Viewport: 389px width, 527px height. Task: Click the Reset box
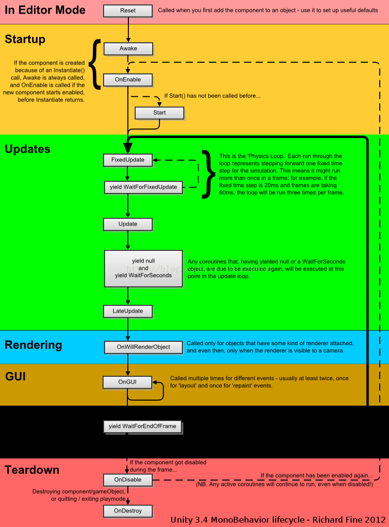pos(128,10)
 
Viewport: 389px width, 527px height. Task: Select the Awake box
pos(128,49)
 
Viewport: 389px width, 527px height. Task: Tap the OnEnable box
pos(128,80)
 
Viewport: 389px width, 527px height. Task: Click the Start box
pos(159,113)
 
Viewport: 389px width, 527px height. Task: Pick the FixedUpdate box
pos(128,159)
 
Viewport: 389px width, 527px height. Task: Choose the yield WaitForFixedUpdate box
pos(143,187)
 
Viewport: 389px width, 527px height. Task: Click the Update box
pos(128,224)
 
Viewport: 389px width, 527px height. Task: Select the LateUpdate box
pos(128,311)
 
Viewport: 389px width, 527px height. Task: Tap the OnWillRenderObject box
pos(143,347)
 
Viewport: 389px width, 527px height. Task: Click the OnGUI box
pos(127,382)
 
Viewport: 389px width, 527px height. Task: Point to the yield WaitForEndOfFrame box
pos(142,426)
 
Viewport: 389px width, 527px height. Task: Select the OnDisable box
pos(128,480)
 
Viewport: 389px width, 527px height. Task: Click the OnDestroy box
pos(128,511)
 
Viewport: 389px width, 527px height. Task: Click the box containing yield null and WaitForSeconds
pos(143,268)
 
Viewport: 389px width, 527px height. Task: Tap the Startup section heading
pos(25,39)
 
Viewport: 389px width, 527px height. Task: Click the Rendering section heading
pos(34,345)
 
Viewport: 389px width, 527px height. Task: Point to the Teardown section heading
pos(32,470)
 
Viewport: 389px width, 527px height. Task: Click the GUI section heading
pos(16,377)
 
